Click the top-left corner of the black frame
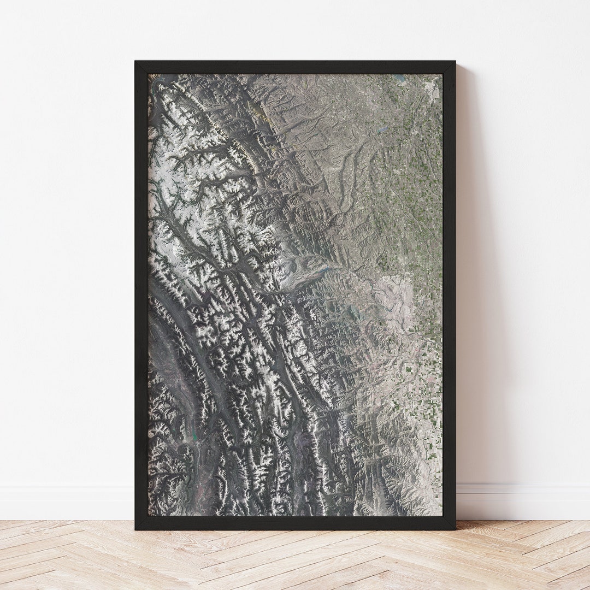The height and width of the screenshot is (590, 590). pos(137,62)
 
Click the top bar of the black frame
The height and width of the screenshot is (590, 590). pos(295,67)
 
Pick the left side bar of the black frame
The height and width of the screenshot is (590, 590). pos(141,295)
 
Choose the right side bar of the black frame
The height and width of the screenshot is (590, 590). pos(449,295)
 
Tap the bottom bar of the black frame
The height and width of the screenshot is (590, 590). pos(295,522)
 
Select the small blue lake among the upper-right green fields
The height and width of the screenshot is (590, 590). pos(382,129)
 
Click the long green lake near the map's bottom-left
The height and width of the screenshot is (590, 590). pos(193,434)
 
